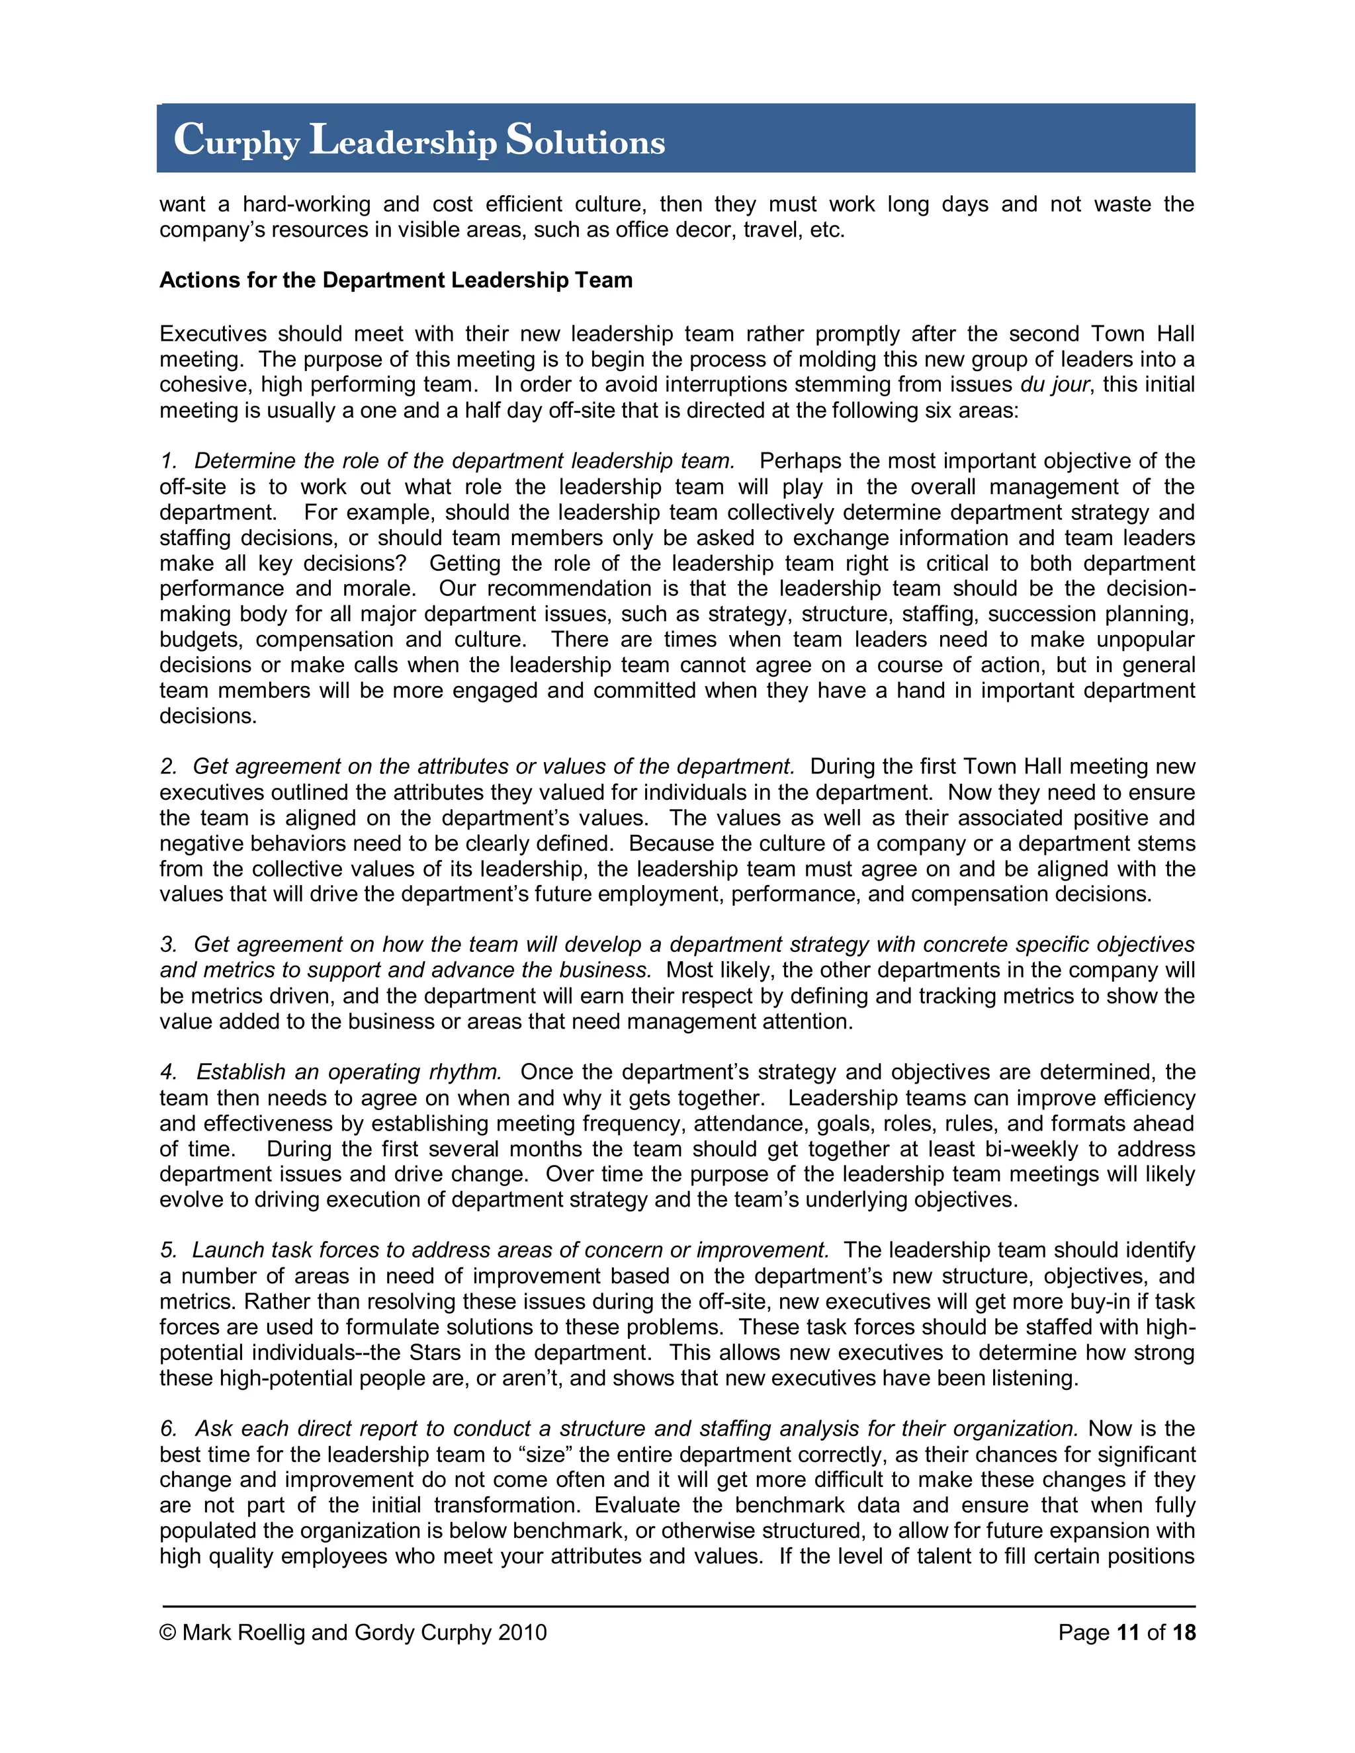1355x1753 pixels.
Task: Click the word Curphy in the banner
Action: coord(237,140)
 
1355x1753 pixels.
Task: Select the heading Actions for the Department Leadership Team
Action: coord(396,280)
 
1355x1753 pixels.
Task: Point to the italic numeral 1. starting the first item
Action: coord(169,460)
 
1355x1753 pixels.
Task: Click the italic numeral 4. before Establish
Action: coord(168,1072)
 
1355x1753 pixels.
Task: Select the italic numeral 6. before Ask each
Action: coord(169,1429)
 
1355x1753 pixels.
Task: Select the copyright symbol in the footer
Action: coord(168,1633)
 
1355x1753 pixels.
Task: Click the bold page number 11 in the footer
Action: coord(1128,1633)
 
